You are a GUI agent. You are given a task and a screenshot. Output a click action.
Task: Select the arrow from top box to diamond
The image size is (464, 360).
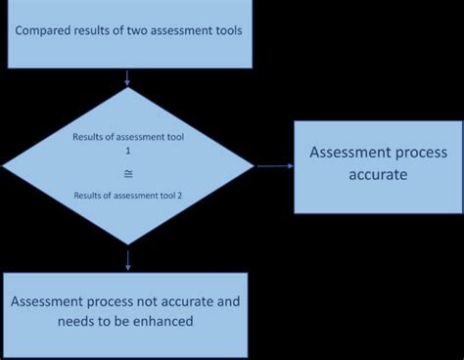127,77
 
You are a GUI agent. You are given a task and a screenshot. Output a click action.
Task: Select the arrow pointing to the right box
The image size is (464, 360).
275,165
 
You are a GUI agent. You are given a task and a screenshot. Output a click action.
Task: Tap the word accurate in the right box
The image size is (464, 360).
378,176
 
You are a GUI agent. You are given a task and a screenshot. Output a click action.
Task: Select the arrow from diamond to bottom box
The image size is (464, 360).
127,257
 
